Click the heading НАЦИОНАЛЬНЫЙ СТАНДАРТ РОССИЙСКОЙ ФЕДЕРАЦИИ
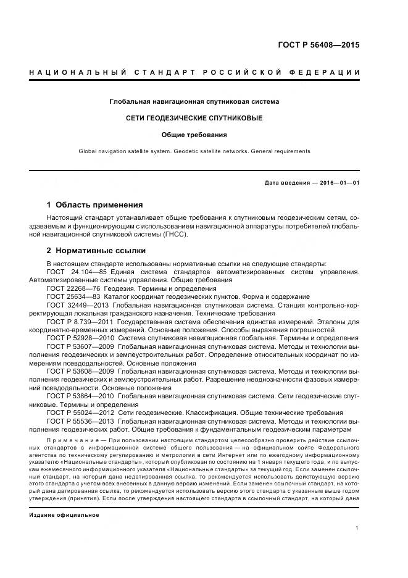(x=195, y=73)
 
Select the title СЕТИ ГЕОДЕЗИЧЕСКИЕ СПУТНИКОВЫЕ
(x=194, y=117)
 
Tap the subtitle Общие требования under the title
(x=194, y=134)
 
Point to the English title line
(x=194, y=151)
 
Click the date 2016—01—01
(x=339, y=183)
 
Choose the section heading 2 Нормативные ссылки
(x=96, y=251)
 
